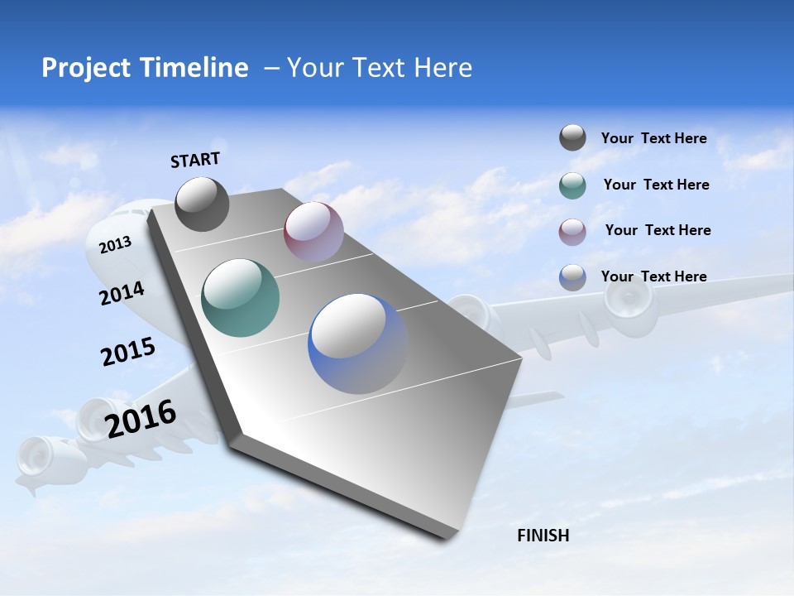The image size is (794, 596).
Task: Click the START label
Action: point(195,160)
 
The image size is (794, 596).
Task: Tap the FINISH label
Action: point(543,536)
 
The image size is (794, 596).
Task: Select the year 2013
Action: point(115,244)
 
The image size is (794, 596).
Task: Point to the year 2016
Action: point(141,419)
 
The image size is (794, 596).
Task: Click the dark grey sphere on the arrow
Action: point(202,204)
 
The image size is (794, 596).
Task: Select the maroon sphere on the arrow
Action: point(313,232)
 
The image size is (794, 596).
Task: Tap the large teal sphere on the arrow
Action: point(241,298)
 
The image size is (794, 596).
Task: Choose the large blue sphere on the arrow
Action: point(357,344)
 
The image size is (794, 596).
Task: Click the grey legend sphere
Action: point(572,137)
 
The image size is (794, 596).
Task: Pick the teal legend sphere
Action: point(572,185)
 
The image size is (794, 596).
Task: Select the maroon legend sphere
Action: point(572,231)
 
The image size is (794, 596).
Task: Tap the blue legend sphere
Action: point(572,277)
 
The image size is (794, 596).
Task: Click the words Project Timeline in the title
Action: point(145,68)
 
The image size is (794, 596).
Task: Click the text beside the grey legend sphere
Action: point(653,138)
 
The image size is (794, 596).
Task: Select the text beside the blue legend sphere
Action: point(653,276)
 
